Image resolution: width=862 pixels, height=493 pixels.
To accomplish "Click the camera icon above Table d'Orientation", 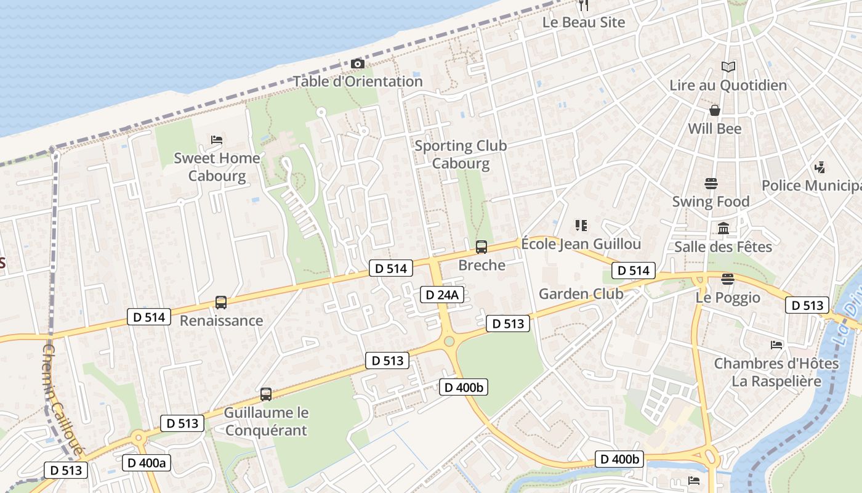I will (x=357, y=64).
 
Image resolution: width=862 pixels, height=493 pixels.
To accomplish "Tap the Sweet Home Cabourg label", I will (x=217, y=167).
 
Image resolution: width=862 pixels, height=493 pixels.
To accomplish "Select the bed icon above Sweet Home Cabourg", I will (x=217, y=140).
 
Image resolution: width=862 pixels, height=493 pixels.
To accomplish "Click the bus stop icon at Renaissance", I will (x=221, y=303).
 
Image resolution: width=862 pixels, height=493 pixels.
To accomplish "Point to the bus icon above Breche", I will (x=481, y=247).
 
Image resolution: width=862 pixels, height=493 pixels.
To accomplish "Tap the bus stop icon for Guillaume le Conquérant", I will (x=266, y=394).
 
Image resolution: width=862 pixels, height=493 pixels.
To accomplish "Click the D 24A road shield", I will (x=441, y=295).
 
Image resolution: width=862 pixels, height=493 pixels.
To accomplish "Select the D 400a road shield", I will (x=147, y=463).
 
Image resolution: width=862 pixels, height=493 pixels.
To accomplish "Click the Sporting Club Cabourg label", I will (x=461, y=155).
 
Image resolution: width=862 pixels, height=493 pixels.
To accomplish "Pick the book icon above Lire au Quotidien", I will (x=728, y=67).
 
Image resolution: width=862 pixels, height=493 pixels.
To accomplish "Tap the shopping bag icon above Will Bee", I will (x=715, y=110).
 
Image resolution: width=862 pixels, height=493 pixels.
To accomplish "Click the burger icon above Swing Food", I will (x=711, y=184).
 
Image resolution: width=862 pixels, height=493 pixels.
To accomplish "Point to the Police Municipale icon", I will (x=820, y=167).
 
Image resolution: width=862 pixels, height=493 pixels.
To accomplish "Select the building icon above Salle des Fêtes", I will (x=723, y=229).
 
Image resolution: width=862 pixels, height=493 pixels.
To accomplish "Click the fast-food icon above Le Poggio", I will (x=728, y=279).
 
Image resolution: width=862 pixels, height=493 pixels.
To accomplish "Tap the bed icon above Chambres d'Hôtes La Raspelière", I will (x=776, y=345).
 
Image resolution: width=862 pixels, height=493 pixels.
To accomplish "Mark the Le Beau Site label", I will (x=583, y=22).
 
